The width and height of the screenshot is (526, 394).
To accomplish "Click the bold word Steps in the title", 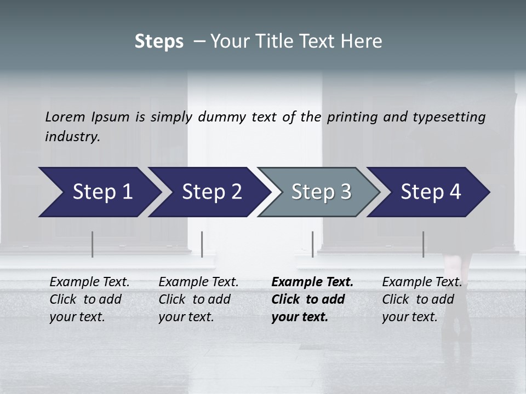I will [x=159, y=42].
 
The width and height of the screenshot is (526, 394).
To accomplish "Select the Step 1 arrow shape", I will [x=99, y=192].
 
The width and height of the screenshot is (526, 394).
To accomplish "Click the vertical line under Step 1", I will [x=92, y=244].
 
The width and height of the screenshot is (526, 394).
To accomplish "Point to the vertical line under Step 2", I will [x=202, y=244].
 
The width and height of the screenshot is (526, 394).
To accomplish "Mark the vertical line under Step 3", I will [x=312, y=244].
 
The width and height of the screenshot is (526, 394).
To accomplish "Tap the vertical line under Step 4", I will [x=423, y=244].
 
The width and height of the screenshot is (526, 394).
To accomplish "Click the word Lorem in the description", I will [x=65, y=117].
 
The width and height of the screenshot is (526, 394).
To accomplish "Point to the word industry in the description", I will [x=72, y=137].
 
